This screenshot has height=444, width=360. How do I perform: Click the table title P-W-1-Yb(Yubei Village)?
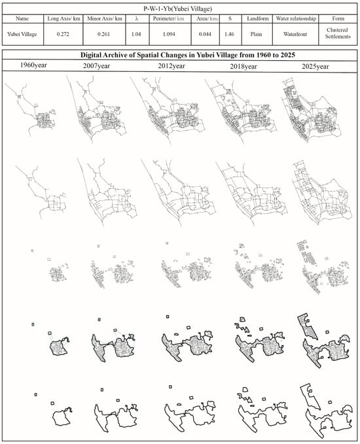(177, 9)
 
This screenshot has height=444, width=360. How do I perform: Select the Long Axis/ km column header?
(63, 19)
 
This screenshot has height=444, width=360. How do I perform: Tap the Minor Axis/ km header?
(104, 19)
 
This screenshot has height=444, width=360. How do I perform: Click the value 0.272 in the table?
(63, 34)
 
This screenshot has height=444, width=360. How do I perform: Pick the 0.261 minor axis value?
(104, 34)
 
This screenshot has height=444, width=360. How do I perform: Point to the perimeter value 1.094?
(169, 34)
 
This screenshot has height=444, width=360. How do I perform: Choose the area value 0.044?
(205, 34)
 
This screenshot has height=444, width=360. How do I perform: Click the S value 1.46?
(229, 34)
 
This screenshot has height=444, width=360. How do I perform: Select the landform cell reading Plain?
(256, 34)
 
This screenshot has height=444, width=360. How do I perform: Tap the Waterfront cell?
(295, 34)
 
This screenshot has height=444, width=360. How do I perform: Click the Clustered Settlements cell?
(338, 33)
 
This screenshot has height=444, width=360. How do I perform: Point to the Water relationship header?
(296, 19)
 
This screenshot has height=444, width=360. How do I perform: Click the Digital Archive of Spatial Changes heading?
(188, 55)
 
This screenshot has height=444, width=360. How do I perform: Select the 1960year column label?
(33, 65)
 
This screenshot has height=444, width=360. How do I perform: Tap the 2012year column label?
(171, 66)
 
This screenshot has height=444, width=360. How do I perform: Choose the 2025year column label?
(315, 67)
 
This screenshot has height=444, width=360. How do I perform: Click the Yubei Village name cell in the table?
(22, 34)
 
